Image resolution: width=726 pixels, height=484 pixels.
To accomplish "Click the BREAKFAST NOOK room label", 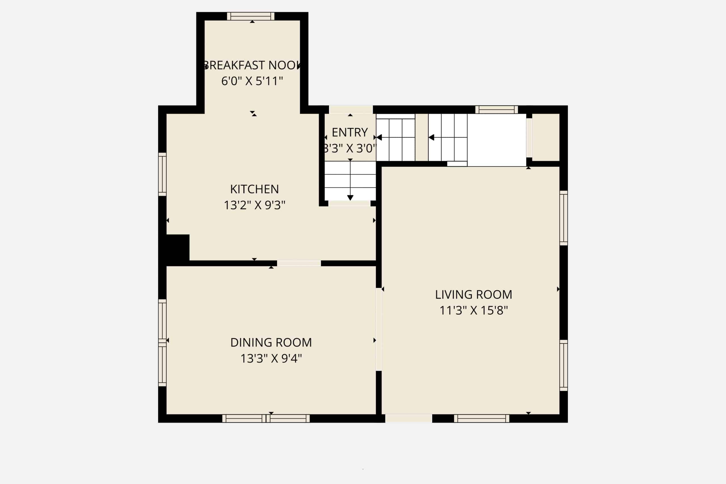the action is (x=252, y=65).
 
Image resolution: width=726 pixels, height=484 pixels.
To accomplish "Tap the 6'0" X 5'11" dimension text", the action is (x=252, y=81).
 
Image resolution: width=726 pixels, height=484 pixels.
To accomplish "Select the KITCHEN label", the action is (x=254, y=189).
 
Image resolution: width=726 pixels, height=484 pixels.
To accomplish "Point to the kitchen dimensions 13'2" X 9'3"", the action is (x=254, y=205).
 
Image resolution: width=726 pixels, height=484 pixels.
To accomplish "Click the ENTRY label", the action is (x=350, y=132).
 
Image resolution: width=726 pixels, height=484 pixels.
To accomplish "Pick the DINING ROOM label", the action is (x=271, y=342).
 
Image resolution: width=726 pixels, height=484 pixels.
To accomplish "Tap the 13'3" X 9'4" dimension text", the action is (x=271, y=358).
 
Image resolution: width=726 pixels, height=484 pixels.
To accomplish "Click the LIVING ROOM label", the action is (x=474, y=295).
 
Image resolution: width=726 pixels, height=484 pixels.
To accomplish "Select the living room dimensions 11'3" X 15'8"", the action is (x=474, y=310).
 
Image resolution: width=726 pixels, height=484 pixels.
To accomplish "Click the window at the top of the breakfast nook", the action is (x=251, y=16).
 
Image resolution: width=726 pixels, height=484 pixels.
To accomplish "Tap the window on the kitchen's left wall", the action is (x=162, y=174).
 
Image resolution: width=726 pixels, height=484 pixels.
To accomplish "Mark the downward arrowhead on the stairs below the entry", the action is (x=350, y=198).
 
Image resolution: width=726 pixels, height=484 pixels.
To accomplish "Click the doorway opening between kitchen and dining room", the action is (x=299, y=263).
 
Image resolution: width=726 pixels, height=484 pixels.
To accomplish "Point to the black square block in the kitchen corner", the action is (x=178, y=247).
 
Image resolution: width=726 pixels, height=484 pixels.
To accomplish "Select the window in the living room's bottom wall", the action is (x=482, y=418).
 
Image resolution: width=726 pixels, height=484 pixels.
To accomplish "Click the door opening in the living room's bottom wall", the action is (x=408, y=418).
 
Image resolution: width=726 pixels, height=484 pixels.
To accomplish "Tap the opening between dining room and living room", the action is (x=379, y=329).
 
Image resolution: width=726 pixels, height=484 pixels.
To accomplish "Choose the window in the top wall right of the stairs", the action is (x=496, y=109).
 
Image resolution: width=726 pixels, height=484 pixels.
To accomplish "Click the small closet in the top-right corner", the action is (x=546, y=137).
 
